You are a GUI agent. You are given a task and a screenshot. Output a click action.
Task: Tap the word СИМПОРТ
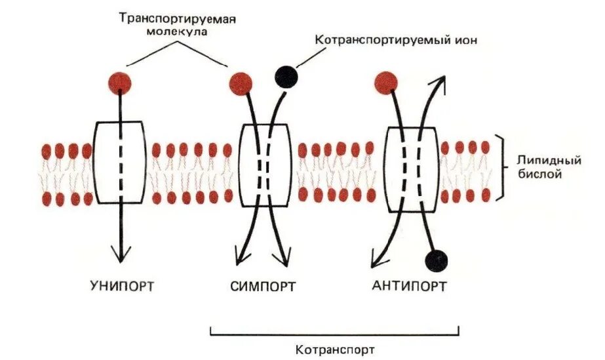pyautogui.click(x=263, y=286)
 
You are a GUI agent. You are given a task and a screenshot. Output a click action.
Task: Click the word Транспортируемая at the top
pyautogui.click(x=177, y=18)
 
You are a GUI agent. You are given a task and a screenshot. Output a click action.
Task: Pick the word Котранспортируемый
pyautogui.click(x=380, y=40)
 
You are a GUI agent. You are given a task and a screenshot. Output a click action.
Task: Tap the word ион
pyautogui.click(x=463, y=40)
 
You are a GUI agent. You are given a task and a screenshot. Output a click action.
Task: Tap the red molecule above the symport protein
pyautogui.click(x=241, y=83)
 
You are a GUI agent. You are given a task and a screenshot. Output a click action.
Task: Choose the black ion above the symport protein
pyautogui.click(x=286, y=77)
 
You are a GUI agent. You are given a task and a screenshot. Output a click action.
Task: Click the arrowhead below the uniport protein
pyautogui.click(x=121, y=254)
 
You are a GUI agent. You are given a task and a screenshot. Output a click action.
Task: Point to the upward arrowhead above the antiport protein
pyautogui.click(x=441, y=82)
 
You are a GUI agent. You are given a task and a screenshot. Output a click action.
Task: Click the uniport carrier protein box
pyautogui.click(x=119, y=161)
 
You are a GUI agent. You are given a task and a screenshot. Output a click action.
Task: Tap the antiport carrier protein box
pyautogui.click(x=411, y=169)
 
